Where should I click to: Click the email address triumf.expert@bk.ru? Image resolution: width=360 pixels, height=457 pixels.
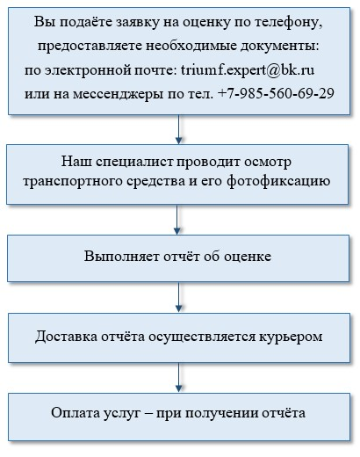point(248,70)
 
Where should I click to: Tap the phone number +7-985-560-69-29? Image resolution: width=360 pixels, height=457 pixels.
point(276,93)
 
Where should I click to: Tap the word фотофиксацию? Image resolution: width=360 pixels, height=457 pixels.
point(278,182)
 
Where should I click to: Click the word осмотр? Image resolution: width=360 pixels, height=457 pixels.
point(268,163)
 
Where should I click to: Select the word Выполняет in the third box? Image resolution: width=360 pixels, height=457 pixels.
point(122,257)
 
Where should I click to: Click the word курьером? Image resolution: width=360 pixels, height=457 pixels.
point(291,337)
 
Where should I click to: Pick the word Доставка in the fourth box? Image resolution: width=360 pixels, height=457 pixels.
point(67,337)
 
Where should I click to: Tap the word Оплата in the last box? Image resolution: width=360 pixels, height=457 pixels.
point(76,413)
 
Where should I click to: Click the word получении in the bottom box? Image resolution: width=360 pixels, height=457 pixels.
point(221,414)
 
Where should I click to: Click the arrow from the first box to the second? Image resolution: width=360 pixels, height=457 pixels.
point(178,129)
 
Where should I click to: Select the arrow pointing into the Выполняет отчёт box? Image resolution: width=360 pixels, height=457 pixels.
point(177,220)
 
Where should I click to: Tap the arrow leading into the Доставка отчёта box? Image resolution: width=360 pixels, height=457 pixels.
point(178,297)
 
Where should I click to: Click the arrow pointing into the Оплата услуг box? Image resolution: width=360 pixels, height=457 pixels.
point(178,378)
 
